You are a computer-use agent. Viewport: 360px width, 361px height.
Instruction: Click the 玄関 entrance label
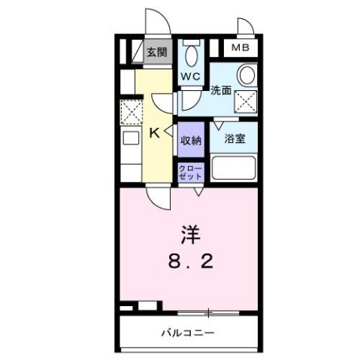[x=156, y=53]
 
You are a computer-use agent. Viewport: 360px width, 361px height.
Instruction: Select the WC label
[x=189, y=77]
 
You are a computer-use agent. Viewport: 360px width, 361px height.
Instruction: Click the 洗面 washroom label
[x=220, y=90]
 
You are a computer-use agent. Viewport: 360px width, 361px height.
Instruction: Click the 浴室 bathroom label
[x=234, y=138]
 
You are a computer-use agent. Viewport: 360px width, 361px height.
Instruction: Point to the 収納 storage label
[x=190, y=140]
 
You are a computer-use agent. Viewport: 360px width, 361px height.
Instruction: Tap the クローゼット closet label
[x=189, y=172]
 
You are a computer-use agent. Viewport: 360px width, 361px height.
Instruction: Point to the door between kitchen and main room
[x=158, y=197]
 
